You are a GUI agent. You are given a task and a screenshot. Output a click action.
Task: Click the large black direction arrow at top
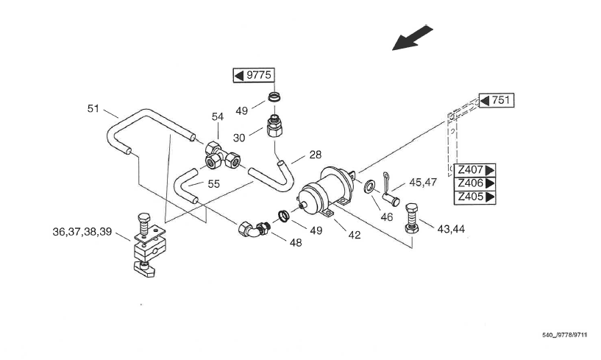click(x=412, y=38)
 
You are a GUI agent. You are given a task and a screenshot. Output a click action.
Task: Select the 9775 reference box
click(x=254, y=75)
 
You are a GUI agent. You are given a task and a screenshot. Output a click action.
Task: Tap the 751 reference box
click(x=497, y=101)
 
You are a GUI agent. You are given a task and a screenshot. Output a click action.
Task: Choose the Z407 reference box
click(x=475, y=169)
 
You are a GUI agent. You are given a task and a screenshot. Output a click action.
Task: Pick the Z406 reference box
click(x=475, y=183)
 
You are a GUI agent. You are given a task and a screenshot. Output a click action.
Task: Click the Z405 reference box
click(x=475, y=197)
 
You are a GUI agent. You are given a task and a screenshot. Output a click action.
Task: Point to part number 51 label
click(x=93, y=109)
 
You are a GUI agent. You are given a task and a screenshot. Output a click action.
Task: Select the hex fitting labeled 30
click(x=274, y=127)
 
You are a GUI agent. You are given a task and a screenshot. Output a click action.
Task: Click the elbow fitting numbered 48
click(x=254, y=228)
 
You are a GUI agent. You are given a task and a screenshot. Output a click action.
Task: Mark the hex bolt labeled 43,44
click(x=412, y=218)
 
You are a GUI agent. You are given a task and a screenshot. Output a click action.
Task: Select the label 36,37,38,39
click(x=82, y=232)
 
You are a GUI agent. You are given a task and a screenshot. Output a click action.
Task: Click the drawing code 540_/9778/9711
click(x=564, y=335)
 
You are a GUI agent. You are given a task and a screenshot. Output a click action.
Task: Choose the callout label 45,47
click(x=423, y=183)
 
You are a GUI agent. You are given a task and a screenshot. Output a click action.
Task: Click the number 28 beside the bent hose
click(x=315, y=155)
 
